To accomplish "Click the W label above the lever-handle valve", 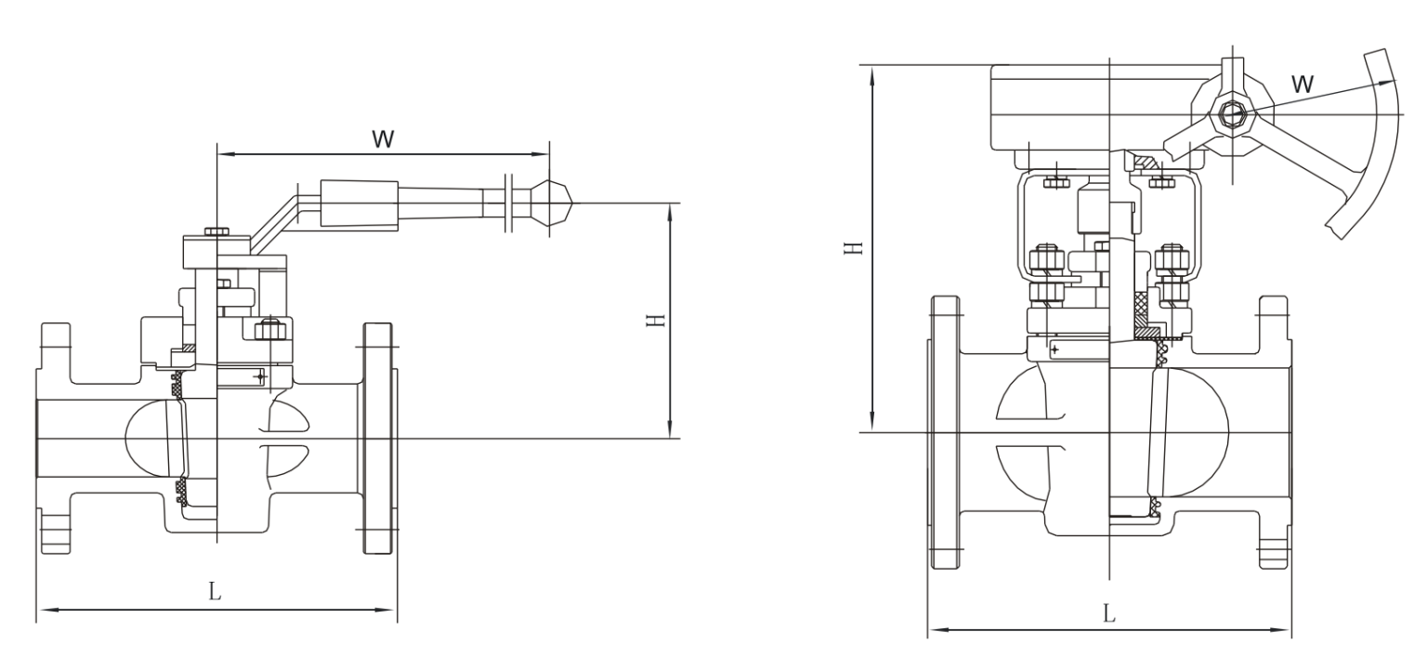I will [x=383, y=139].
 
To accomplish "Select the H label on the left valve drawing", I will [x=656, y=320].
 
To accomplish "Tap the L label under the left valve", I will [x=215, y=592].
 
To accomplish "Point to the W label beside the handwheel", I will [x=1303, y=83].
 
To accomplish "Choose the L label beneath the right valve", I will [x=1108, y=613].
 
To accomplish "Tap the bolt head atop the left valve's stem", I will [x=216, y=230].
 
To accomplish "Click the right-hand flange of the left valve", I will [x=378, y=438].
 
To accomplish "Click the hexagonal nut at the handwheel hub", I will [x=1233, y=114].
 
